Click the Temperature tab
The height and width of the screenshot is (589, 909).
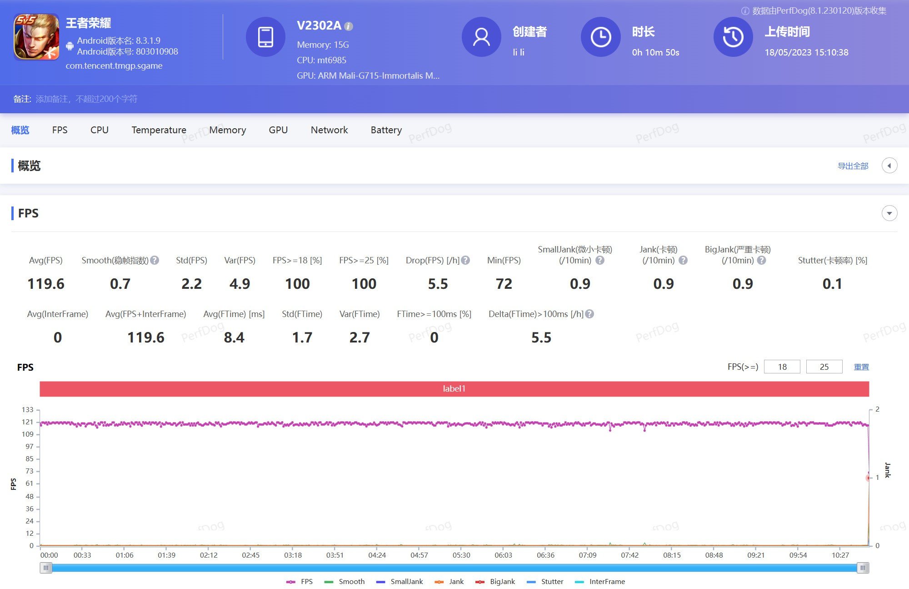point(159,130)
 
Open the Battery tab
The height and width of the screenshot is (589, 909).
point(386,130)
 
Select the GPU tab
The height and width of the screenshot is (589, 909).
point(278,130)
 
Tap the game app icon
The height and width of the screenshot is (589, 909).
point(36,37)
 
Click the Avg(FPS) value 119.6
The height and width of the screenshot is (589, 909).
point(46,284)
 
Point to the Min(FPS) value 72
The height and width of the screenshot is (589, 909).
point(504,284)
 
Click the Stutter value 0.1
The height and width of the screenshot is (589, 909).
point(832,284)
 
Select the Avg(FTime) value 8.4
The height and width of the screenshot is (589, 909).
point(234,337)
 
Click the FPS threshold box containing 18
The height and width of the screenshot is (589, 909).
point(782,367)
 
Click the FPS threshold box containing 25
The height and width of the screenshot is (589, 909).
point(824,367)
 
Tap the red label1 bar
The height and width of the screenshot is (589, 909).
point(454,389)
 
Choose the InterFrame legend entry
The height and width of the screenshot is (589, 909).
point(600,582)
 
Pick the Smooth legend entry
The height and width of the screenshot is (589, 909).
point(345,582)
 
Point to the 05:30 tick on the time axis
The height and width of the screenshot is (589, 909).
point(461,555)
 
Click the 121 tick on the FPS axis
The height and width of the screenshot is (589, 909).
point(28,422)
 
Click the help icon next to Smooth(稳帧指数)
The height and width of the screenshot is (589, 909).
point(155,260)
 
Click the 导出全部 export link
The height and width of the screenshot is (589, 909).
point(853,166)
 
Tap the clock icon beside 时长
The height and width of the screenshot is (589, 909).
point(600,37)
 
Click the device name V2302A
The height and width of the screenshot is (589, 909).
point(319,25)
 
